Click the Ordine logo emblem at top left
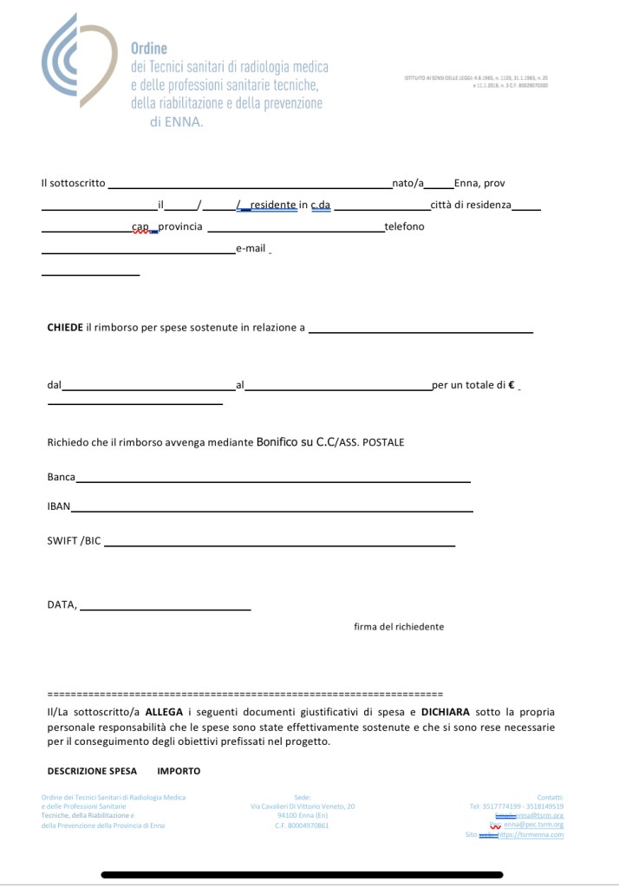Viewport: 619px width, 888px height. (76, 60)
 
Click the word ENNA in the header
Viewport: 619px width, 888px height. (186, 122)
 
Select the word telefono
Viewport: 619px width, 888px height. (404, 226)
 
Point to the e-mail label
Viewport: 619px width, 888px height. (251, 248)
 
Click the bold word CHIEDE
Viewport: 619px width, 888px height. (65, 328)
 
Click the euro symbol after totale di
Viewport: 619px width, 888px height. (511, 385)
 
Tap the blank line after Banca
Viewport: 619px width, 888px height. (273, 480)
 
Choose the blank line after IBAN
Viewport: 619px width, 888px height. (272, 510)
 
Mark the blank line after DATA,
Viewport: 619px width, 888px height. (165, 609)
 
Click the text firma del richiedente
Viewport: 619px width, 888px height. (399, 626)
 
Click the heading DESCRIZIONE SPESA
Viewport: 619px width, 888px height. (92, 771)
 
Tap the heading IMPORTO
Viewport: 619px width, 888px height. (179, 771)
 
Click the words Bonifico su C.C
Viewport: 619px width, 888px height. (296, 442)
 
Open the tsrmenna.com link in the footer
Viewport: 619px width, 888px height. (531, 835)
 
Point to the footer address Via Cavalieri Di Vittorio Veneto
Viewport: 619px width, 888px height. (303, 806)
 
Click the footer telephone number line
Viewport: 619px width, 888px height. (517, 806)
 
